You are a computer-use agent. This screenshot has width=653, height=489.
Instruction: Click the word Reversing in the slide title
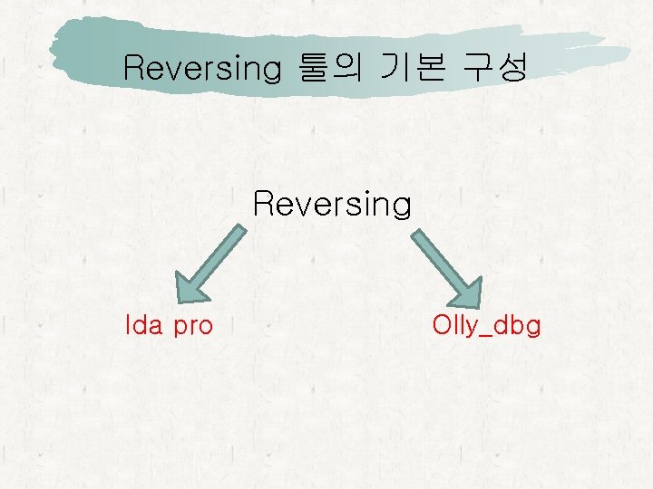tap(200, 68)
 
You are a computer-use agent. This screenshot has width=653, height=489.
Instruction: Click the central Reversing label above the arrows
tap(332, 204)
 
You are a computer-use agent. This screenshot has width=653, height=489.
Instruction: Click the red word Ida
tap(142, 324)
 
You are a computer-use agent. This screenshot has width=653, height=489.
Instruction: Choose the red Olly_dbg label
tap(486, 325)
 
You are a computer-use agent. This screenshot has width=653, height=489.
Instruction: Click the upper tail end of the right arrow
tap(417, 232)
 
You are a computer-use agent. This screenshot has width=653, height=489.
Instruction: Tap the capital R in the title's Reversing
tap(133, 68)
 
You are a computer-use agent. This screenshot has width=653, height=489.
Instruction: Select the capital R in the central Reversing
tap(263, 204)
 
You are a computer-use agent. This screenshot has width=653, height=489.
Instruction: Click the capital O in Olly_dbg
tap(443, 324)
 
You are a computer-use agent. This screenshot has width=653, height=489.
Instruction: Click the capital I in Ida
tap(128, 324)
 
